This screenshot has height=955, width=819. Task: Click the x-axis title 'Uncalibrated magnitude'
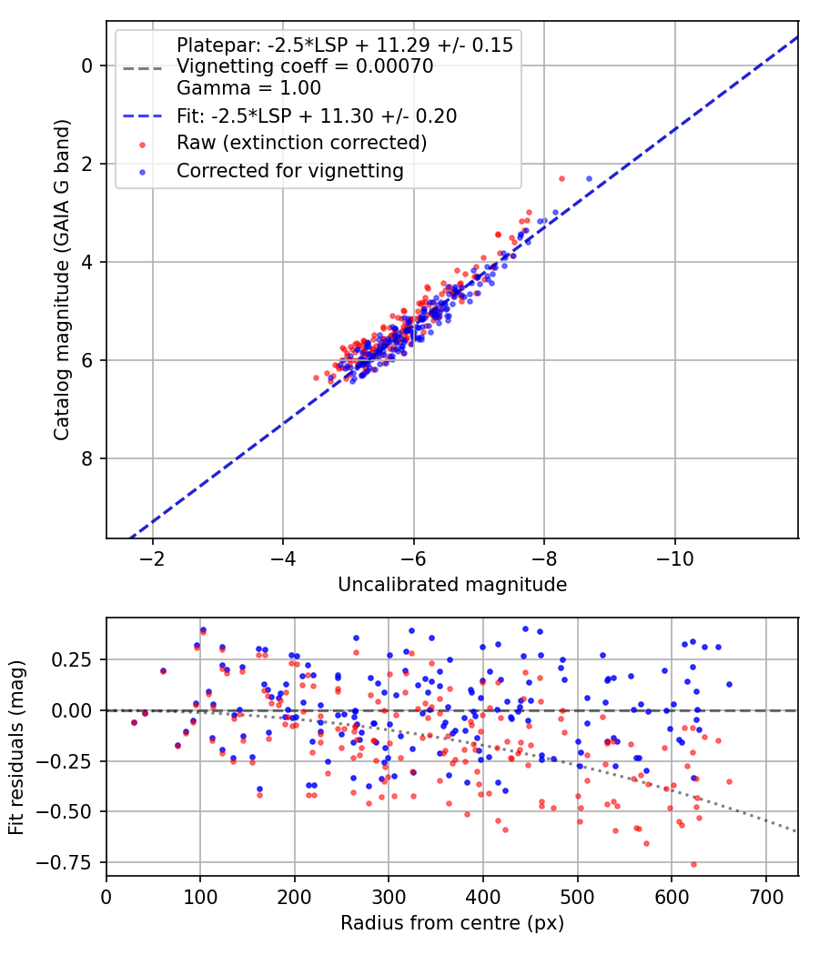click(x=452, y=585)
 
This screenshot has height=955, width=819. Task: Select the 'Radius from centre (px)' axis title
click(x=452, y=923)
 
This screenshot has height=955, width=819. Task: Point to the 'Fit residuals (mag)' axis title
click(x=16, y=748)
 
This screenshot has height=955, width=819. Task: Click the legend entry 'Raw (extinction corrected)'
click(x=301, y=143)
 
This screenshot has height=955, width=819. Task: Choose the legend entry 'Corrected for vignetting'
click(x=289, y=170)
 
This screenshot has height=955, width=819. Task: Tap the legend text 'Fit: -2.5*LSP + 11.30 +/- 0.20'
click(x=317, y=116)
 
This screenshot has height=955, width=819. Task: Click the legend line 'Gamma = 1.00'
click(x=248, y=88)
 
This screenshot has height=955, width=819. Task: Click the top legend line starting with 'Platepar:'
click(x=345, y=45)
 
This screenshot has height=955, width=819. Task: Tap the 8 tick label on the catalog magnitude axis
click(x=87, y=458)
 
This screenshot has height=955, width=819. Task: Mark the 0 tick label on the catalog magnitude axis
click(x=87, y=65)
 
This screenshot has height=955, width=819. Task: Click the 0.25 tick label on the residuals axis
click(x=78, y=659)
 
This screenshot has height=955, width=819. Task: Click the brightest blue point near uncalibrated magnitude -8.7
click(x=589, y=179)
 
